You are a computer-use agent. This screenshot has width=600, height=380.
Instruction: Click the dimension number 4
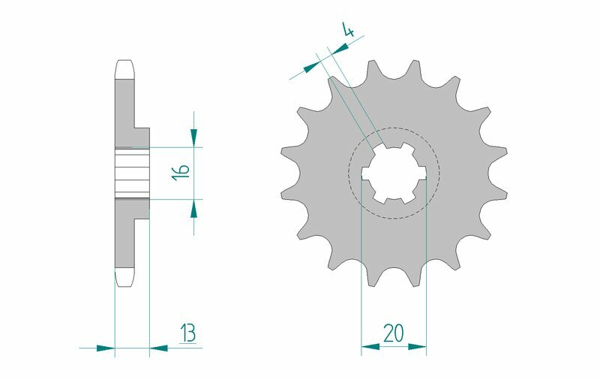point(348,32)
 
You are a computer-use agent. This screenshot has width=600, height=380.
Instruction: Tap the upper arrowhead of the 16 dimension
point(194,137)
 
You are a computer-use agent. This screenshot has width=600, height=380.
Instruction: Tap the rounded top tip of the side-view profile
point(124,65)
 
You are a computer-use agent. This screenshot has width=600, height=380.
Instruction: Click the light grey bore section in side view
point(132,173)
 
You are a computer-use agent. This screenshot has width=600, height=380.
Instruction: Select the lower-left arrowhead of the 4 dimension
point(310,68)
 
